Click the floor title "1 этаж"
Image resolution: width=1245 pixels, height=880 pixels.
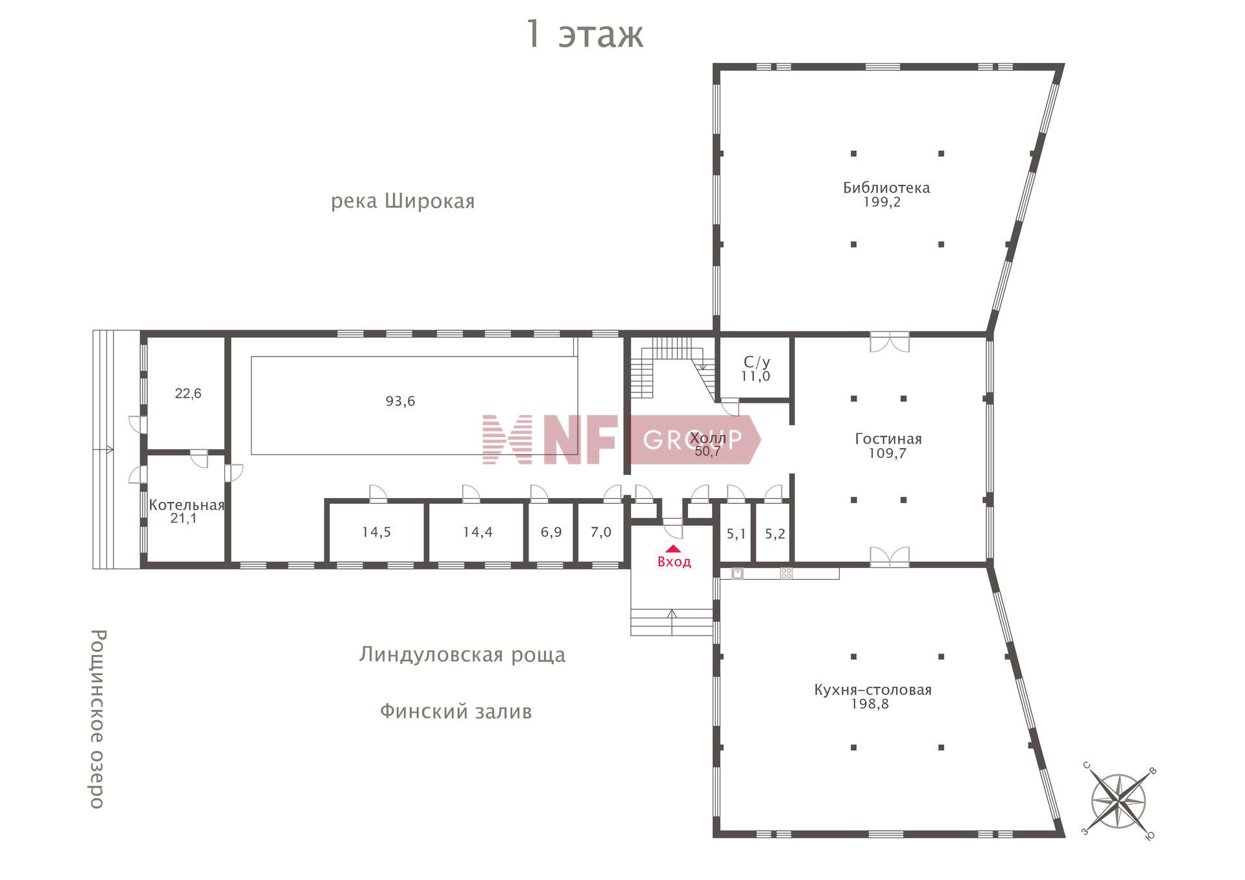coord(584,34)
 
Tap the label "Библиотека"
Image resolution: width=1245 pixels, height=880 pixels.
coord(886,187)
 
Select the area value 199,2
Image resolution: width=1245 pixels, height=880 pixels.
coord(881,202)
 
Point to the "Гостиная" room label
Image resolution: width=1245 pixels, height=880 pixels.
coord(888,439)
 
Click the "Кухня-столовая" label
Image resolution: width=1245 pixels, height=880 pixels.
coord(872,690)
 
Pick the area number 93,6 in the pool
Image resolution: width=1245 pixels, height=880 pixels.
coord(400,401)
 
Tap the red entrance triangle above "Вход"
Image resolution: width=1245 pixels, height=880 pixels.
coord(674,549)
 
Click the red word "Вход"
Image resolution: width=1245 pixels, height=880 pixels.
coord(674,562)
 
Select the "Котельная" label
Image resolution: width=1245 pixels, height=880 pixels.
coord(186,505)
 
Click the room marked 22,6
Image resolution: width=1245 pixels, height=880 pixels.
coord(188,394)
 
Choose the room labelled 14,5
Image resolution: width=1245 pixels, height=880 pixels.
coord(376,532)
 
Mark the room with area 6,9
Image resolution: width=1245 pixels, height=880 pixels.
coord(551,532)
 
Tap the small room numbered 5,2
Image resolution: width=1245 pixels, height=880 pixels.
coord(775,534)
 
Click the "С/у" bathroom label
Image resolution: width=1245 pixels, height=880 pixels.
coord(756,362)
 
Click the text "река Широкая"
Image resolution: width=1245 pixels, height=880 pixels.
coord(403,201)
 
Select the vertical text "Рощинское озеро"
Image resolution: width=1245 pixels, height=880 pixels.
coord(97,719)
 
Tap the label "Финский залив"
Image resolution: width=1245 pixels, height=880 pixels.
coord(456,712)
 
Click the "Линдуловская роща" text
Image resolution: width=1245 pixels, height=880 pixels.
coord(462,655)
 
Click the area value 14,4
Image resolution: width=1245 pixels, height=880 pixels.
coord(477,532)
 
